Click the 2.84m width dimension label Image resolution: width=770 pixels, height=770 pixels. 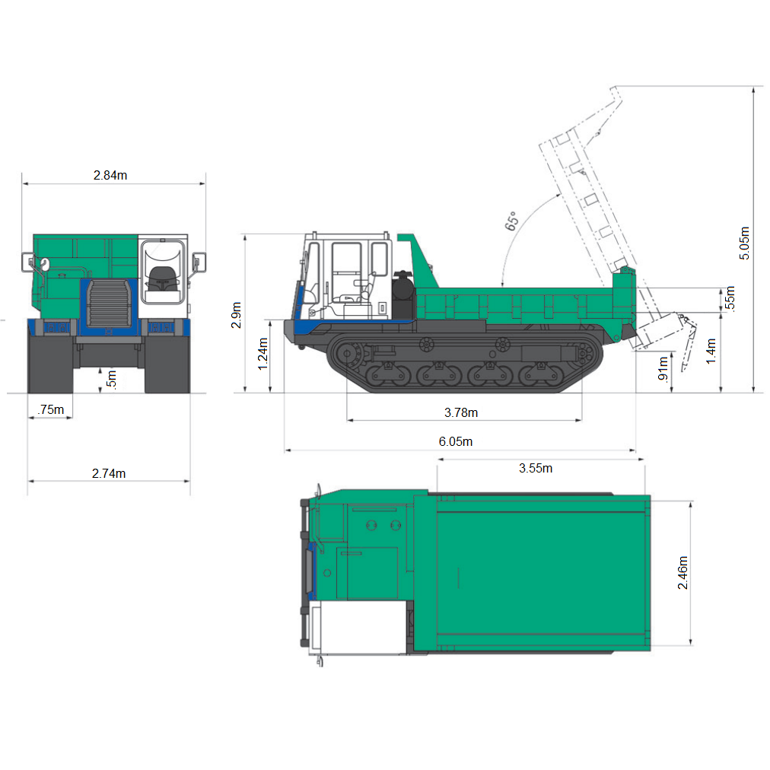[x=110, y=175]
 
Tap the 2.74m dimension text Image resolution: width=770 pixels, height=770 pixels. [x=109, y=473]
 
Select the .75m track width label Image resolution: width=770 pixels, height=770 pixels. [x=50, y=410]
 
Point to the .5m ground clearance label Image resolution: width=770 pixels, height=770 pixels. [x=112, y=378]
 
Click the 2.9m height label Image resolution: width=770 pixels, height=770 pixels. [x=237, y=315]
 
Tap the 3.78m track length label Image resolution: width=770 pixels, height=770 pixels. [x=461, y=412]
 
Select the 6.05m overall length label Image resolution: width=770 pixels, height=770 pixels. [x=456, y=442]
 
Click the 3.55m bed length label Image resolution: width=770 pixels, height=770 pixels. [x=536, y=468]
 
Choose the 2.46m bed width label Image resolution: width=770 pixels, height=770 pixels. [x=682, y=573]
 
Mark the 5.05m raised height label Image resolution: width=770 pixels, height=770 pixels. [x=745, y=243]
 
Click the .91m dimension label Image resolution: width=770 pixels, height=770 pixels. [x=663, y=368]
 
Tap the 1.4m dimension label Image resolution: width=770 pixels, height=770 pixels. [x=711, y=351]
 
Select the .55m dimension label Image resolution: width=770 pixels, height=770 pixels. [x=730, y=297]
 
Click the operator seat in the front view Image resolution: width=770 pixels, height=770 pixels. [x=161, y=277]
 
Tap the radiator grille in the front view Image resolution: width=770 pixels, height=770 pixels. [x=107, y=303]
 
